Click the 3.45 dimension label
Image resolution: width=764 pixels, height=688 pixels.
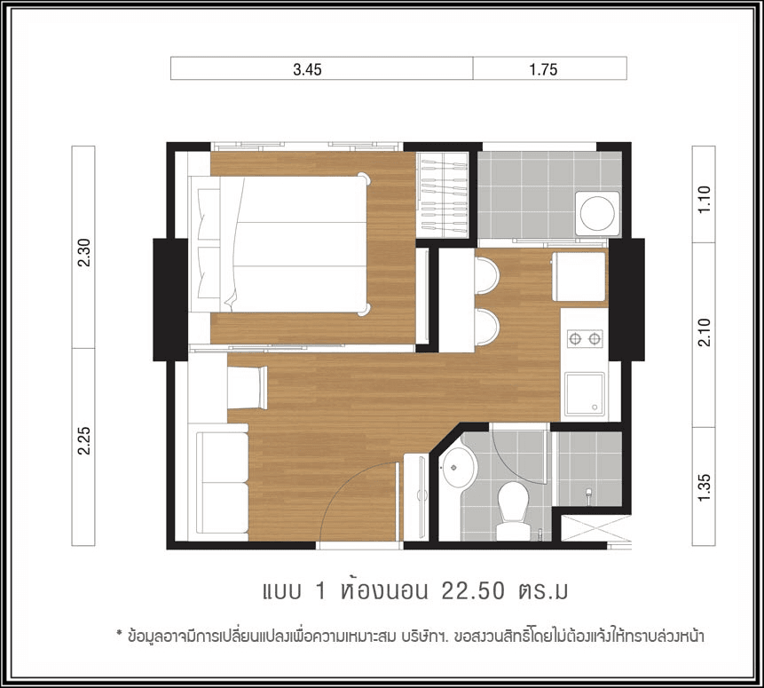307,70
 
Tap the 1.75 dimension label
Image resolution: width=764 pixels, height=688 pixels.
543,70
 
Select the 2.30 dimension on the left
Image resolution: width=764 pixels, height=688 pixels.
83,253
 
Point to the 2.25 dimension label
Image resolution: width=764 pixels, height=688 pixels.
83,441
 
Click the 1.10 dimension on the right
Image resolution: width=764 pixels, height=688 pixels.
705,199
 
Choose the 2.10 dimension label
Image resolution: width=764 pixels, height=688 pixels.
705,332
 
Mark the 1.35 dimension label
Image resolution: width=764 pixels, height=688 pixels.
705,486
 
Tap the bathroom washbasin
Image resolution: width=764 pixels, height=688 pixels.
458,468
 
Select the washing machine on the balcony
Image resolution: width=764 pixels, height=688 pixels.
597,214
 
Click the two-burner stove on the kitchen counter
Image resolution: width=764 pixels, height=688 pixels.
585,338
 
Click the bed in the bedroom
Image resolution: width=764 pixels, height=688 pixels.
280,244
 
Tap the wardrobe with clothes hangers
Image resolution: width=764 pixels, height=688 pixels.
443,195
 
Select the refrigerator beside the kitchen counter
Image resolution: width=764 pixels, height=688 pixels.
579,276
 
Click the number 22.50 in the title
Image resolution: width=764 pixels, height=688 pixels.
473,591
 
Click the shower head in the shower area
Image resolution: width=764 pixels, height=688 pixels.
588,494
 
